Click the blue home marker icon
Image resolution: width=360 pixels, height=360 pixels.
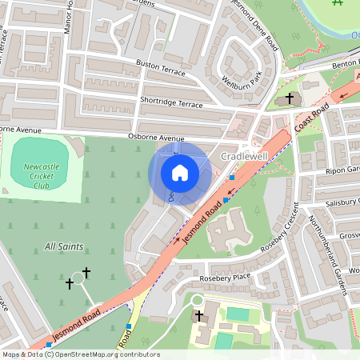click(180, 173)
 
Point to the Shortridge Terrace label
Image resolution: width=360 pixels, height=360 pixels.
click(171, 104)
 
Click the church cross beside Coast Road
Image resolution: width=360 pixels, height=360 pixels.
click(289, 98)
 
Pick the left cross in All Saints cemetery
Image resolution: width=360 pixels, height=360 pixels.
click(70, 283)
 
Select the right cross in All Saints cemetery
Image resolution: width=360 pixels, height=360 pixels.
click(86, 274)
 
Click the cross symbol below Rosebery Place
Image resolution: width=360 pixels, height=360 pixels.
click(198, 316)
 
